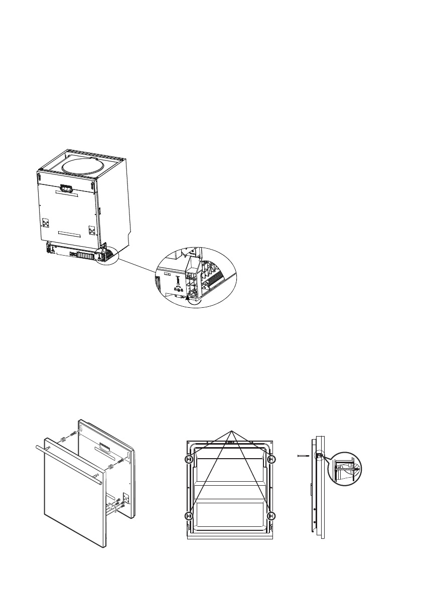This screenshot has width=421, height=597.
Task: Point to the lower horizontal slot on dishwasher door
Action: pos(69,234)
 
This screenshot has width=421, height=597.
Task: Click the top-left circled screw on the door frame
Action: pos(189,459)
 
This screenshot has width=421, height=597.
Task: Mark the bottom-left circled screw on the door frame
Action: pos(189,515)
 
